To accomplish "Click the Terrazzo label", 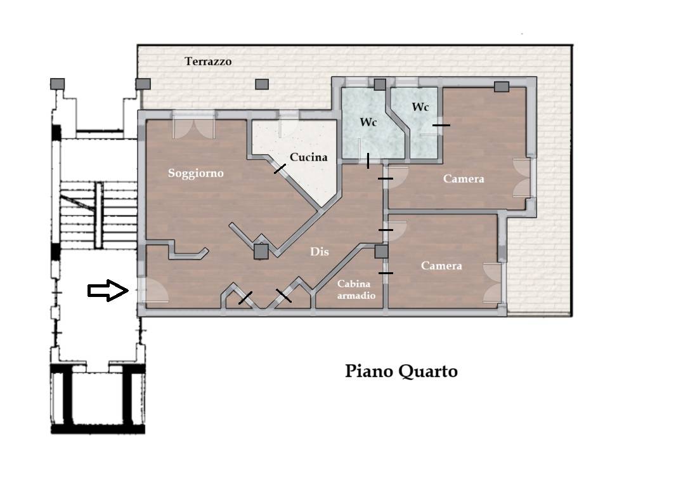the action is (x=208, y=61).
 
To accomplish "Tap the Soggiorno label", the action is (x=195, y=173).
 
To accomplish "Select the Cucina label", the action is (x=308, y=157).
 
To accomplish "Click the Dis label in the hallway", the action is (x=319, y=251).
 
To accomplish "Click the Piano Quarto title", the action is (x=401, y=371).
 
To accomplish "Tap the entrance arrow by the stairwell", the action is (x=108, y=291).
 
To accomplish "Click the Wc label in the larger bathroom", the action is (x=368, y=122).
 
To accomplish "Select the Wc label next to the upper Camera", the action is (x=420, y=107).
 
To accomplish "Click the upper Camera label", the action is (x=464, y=179).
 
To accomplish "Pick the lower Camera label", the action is (x=441, y=266).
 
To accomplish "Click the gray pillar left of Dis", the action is (x=261, y=252).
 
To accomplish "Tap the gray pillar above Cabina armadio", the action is (x=381, y=252).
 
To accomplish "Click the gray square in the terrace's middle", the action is (x=262, y=84).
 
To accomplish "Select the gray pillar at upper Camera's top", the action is (x=502, y=86).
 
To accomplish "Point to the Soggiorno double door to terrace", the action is (x=193, y=125).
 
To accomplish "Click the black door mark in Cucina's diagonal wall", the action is (x=280, y=169).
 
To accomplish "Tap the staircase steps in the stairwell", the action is (x=98, y=215).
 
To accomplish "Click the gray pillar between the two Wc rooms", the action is (x=380, y=84).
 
